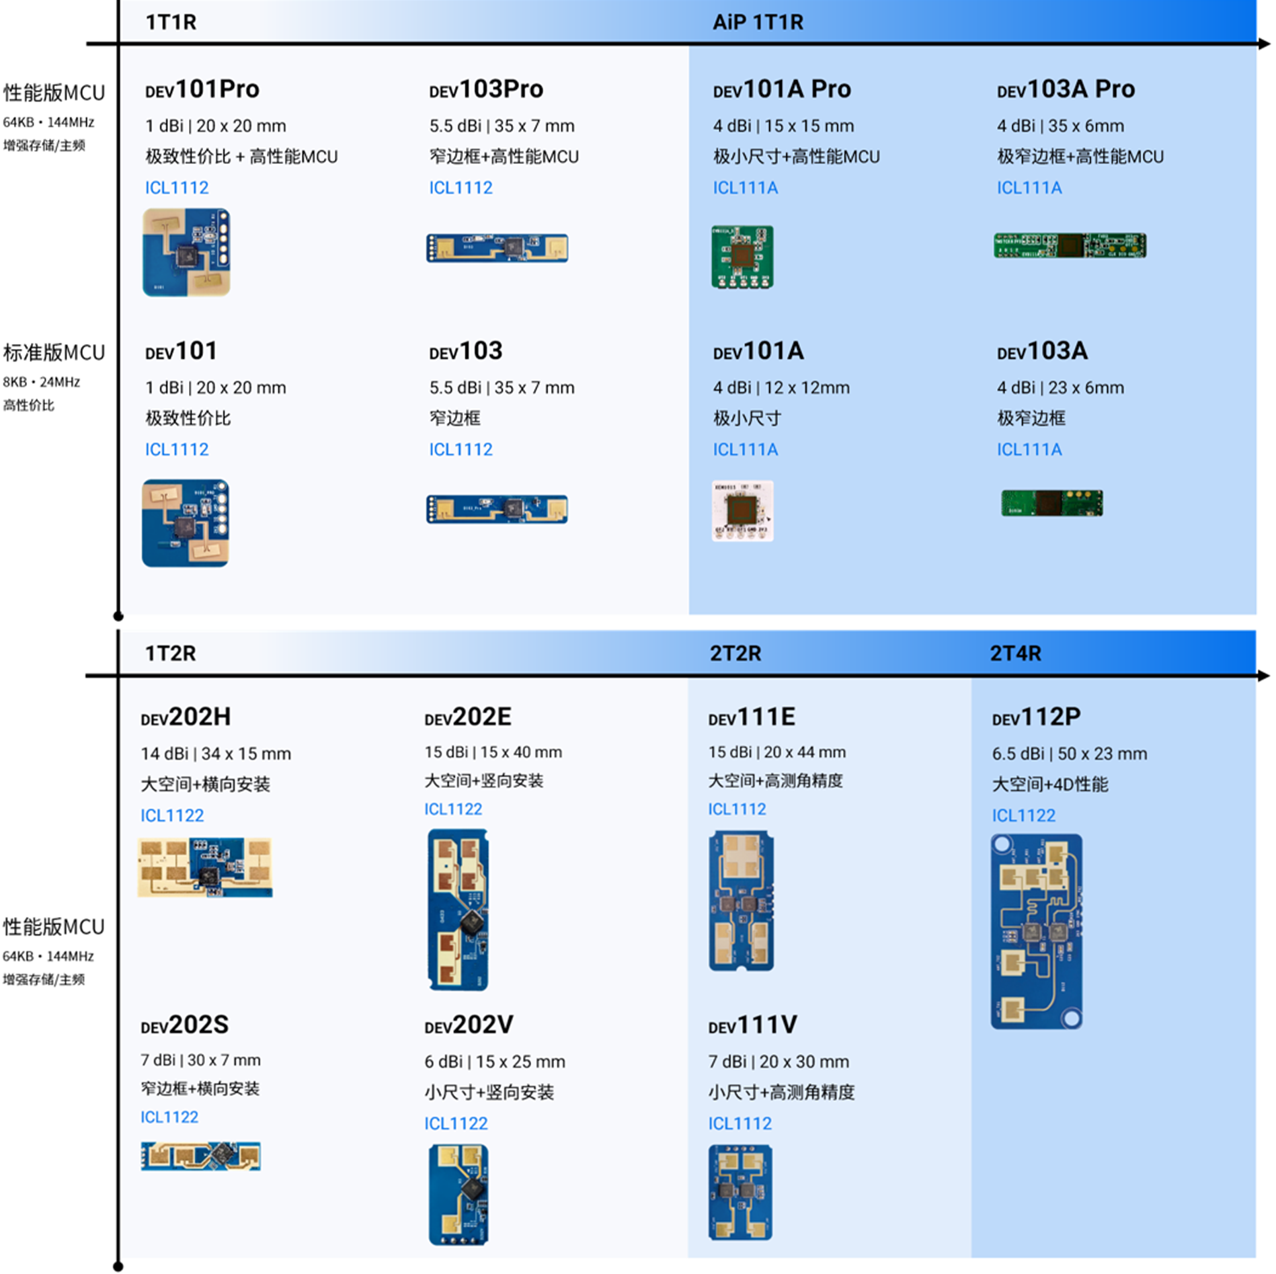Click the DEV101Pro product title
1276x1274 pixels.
tap(202, 89)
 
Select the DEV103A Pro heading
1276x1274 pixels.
tap(1066, 89)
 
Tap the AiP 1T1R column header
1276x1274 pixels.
tap(758, 22)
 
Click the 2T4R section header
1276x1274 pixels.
tap(1015, 653)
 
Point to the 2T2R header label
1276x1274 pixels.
tap(735, 653)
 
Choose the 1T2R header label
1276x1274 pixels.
tap(170, 653)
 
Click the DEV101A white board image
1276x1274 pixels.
tap(742, 510)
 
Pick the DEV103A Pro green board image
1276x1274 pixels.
tap(1070, 245)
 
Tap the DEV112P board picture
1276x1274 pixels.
tap(1036, 931)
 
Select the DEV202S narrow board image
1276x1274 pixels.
tap(200, 1156)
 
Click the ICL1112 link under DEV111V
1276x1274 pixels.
tap(740, 1123)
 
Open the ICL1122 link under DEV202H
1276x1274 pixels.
tap(172, 815)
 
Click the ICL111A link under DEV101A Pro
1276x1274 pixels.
tap(745, 188)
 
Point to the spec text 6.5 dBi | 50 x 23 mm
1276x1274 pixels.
tap(1069, 754)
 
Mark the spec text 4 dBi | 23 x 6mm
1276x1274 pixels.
tap(1060, 388)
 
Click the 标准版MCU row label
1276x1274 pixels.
tap(54, 352)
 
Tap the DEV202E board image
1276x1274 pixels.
tap(458, 909)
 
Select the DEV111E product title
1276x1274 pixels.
tap(752, 717)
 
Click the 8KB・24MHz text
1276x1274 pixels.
tap(42, 382)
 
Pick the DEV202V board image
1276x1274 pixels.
tap(458, 1195)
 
